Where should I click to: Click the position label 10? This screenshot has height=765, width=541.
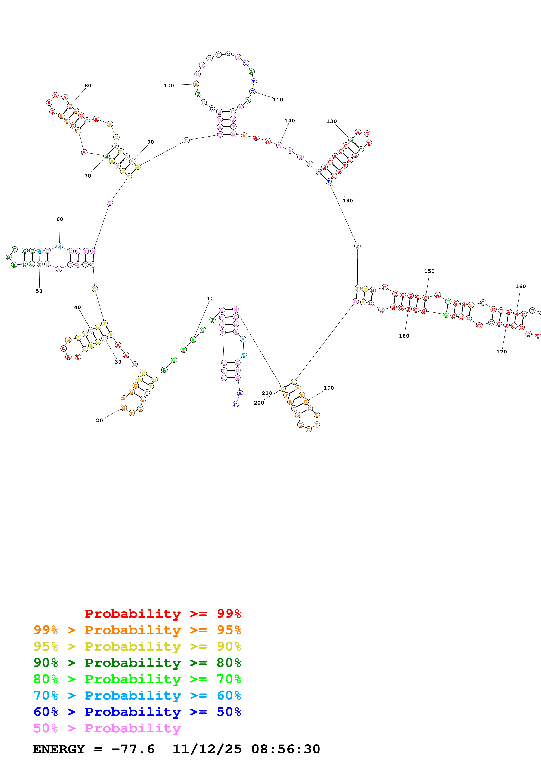point(210,299)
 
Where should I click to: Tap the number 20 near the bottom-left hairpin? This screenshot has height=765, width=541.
point(99,420)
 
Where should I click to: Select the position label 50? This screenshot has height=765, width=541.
point(39,291)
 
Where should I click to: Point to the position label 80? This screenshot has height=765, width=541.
point(88,86)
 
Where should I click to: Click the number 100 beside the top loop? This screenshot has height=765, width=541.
point(169,86)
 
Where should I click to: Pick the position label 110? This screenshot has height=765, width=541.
point(278,100)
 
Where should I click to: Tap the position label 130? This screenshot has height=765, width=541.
point(331,121)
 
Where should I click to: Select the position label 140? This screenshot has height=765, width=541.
point(348,201)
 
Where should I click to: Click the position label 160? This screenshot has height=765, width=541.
point(520,287)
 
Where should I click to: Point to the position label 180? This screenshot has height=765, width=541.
point(404,336)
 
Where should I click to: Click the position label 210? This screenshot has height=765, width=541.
point(267,393)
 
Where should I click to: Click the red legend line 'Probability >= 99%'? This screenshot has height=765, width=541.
point(163,614)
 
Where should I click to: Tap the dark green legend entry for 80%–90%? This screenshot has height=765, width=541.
point(137,663)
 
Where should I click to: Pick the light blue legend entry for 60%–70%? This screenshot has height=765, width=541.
point(137,695)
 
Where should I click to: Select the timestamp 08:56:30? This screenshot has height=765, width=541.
point(286,749)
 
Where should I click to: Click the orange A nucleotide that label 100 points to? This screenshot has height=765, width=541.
point(196,84)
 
